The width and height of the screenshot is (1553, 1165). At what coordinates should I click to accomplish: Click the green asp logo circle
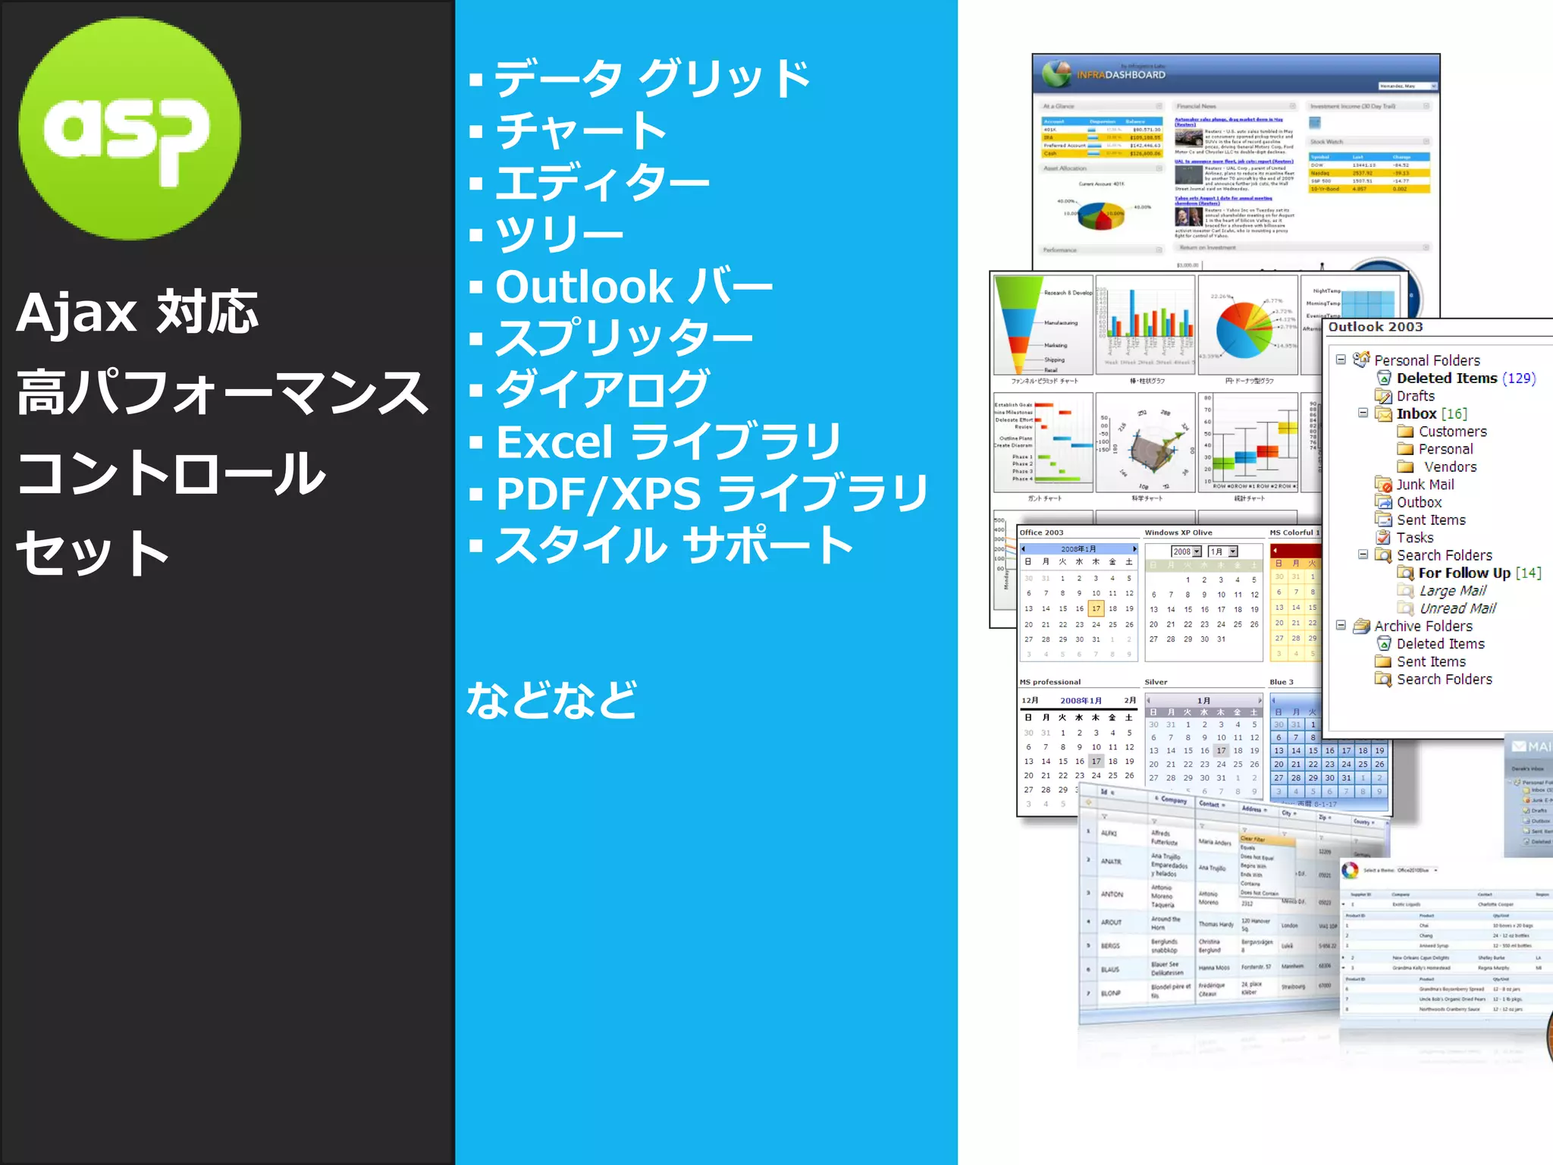[130, 129]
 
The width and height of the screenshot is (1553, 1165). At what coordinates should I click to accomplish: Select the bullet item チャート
[580, 131]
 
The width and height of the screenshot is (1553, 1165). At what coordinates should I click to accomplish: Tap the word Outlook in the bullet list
[583, 287]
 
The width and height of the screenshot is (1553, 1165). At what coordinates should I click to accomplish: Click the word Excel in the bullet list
[554, 442]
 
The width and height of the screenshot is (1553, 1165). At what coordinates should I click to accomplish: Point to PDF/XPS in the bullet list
[598, 495]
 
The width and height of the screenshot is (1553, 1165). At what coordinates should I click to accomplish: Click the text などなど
[551, 699]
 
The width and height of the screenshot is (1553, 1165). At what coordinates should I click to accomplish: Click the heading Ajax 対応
[137, 312]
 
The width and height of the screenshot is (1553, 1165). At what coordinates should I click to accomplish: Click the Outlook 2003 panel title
[1375, 327]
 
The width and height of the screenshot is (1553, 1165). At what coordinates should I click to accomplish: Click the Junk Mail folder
[1424, 485]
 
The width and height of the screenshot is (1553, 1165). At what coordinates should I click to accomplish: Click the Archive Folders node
[1423, 626]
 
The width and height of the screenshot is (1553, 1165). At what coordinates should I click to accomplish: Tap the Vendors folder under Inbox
[1449, 467]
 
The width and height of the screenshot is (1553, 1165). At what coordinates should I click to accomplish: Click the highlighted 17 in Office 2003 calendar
[1096, 608]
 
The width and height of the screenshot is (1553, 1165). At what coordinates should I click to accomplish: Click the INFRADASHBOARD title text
[1121, 75]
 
